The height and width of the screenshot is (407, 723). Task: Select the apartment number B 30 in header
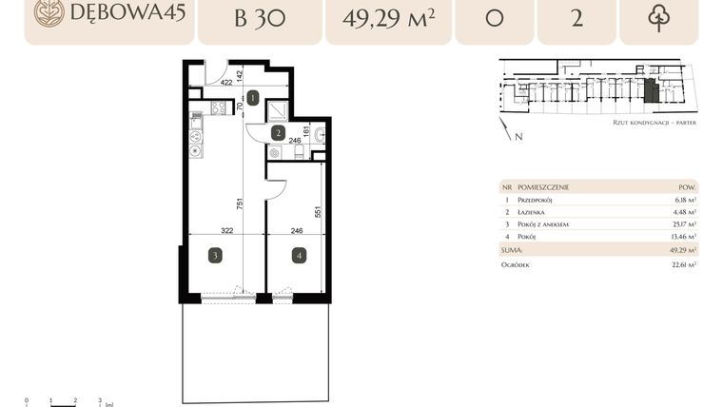coord(259,18)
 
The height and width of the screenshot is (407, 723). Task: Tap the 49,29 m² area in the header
coord(387,18)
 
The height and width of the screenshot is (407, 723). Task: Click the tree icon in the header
coord(657,18)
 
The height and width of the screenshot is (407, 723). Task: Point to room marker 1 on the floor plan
coord(253,97)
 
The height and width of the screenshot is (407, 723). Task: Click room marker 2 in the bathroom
coord(278,133)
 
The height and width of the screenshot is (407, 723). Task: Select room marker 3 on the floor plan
coord(216,255)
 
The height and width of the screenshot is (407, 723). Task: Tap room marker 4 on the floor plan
coord(299,255)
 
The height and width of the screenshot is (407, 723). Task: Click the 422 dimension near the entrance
coord(226,83)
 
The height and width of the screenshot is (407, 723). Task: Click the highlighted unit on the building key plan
coord(650,91)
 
